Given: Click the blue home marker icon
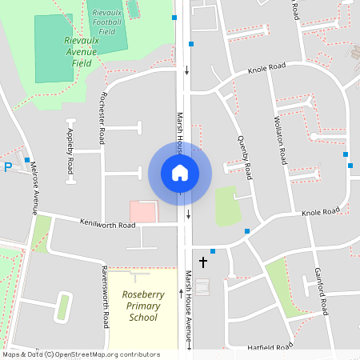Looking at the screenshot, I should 179,172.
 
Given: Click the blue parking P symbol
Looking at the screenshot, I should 8,167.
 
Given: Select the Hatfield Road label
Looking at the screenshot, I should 270,347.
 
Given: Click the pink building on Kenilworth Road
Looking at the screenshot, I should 144,211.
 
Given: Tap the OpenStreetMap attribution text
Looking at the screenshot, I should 80,354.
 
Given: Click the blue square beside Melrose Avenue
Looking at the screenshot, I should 27,160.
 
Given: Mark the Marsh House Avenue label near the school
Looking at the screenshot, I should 189,308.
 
